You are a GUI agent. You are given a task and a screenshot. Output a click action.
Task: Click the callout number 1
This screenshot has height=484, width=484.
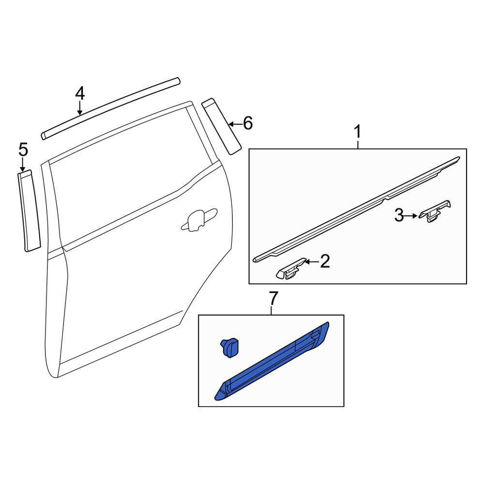[358, 132]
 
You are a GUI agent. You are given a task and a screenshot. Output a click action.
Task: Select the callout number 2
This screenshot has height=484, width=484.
[325, 261]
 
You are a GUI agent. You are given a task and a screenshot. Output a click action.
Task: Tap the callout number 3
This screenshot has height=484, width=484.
[399, 215]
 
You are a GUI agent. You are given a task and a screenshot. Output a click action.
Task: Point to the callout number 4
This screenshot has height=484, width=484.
[80, 93]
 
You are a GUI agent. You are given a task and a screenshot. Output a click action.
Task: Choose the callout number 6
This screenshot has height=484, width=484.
[248, 123]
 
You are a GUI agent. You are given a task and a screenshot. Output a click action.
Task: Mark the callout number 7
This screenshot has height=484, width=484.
[272, 298]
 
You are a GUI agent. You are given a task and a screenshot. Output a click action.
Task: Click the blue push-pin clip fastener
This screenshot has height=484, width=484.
[229, 348]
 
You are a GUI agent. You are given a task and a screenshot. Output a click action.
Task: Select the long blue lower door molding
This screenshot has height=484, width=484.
[272, 361]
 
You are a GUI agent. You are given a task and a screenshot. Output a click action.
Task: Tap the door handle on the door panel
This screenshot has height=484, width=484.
[199, 219]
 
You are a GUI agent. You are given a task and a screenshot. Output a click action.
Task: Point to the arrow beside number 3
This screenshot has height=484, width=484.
[411, 216]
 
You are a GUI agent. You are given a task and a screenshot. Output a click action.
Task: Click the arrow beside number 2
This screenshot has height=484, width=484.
[312, 262]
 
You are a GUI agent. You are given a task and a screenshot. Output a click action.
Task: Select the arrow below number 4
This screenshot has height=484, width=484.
[80, 108]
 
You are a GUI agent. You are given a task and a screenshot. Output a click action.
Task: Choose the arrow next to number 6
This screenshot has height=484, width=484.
[235, 124]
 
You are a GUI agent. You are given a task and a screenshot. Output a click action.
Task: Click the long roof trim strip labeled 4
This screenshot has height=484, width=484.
[110, 108]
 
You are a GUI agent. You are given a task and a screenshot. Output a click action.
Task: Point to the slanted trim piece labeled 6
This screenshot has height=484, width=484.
[221, 126]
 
